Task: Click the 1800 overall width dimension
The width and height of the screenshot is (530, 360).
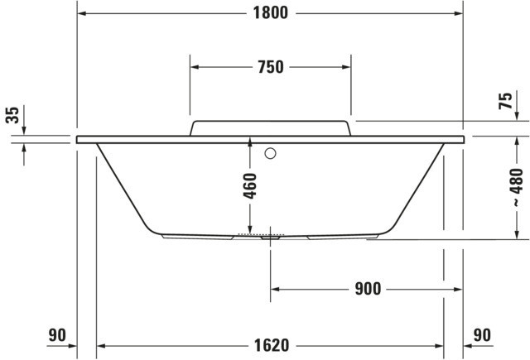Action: pos(271,13)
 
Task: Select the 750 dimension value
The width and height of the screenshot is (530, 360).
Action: pos(271,67)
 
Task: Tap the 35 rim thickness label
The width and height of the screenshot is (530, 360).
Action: pos(12,115)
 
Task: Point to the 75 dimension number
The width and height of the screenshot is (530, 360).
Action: pos(505,101)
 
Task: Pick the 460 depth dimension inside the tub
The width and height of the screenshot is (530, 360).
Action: pos(250,186)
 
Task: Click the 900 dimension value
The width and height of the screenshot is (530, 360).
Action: pos(368,289)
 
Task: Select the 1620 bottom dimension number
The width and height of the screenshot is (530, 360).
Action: pos(272,345)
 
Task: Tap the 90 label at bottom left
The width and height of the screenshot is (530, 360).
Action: pos(57,335)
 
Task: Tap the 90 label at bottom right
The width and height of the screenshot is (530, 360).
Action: pos(482,335)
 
